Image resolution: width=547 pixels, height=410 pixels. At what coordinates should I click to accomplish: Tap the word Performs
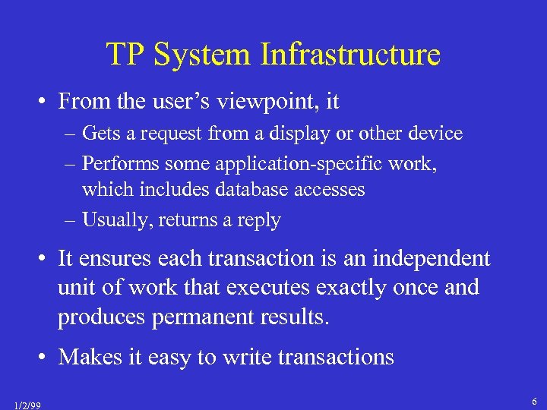[115, 163]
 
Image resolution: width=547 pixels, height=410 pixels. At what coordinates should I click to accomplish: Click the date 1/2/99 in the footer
[28, 405]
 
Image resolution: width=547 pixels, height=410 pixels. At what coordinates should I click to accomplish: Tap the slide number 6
[535, 400]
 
